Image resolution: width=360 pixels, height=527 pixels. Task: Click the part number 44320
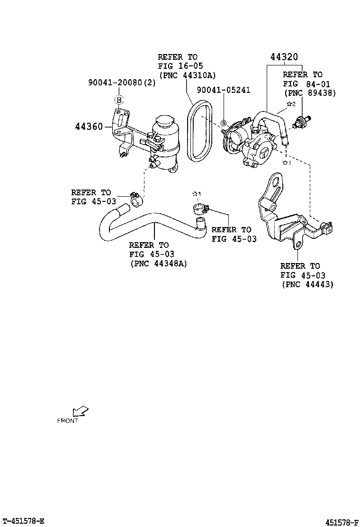coord(284,57)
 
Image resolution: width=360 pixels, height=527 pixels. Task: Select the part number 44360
coord(90,127)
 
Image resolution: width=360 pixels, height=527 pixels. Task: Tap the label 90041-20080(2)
coord(121,82)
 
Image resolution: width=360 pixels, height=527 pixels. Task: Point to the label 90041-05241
coord(224,90)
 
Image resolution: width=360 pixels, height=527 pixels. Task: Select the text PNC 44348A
coord(158,263)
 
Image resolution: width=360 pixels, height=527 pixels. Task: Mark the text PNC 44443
coord(307,284)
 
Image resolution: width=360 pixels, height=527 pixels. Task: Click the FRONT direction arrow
coord(81,412)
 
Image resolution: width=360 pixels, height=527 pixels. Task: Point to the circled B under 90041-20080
coord(119,100)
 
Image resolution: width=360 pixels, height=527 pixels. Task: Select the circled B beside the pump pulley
coord(224,124)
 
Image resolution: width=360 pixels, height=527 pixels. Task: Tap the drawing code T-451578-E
coord(23,521)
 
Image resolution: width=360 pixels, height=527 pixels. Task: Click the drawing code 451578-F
coord(341,522)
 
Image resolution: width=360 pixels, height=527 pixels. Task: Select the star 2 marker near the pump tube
coord(291,104)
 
